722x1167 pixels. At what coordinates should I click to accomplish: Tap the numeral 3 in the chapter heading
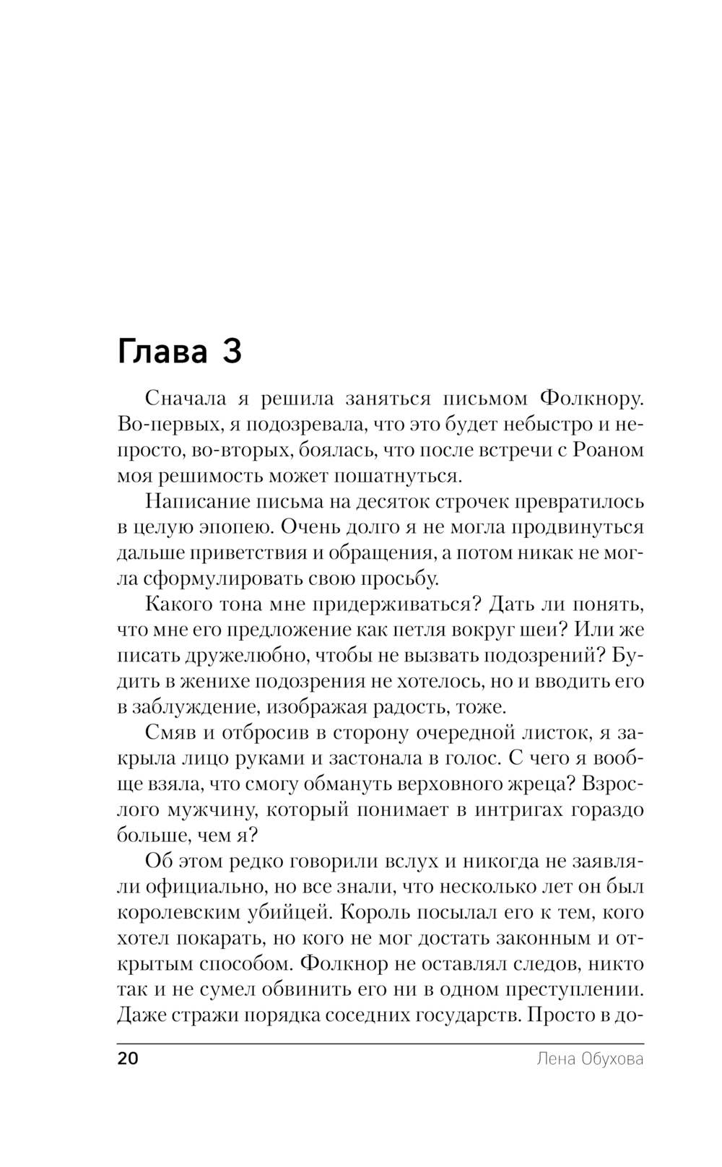pyautogui.click(x=232, y=352)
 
